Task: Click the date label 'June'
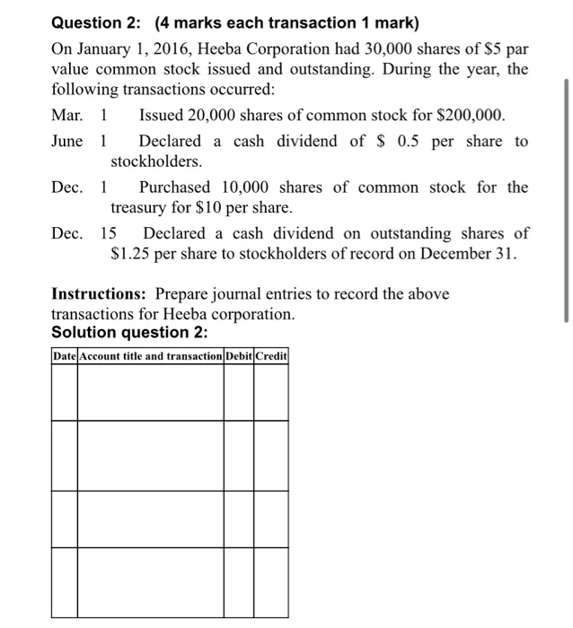68,142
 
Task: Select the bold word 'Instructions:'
100,294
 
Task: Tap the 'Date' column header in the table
65,356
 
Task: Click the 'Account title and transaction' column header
150,356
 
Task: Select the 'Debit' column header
239,356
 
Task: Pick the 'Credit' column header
271,356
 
